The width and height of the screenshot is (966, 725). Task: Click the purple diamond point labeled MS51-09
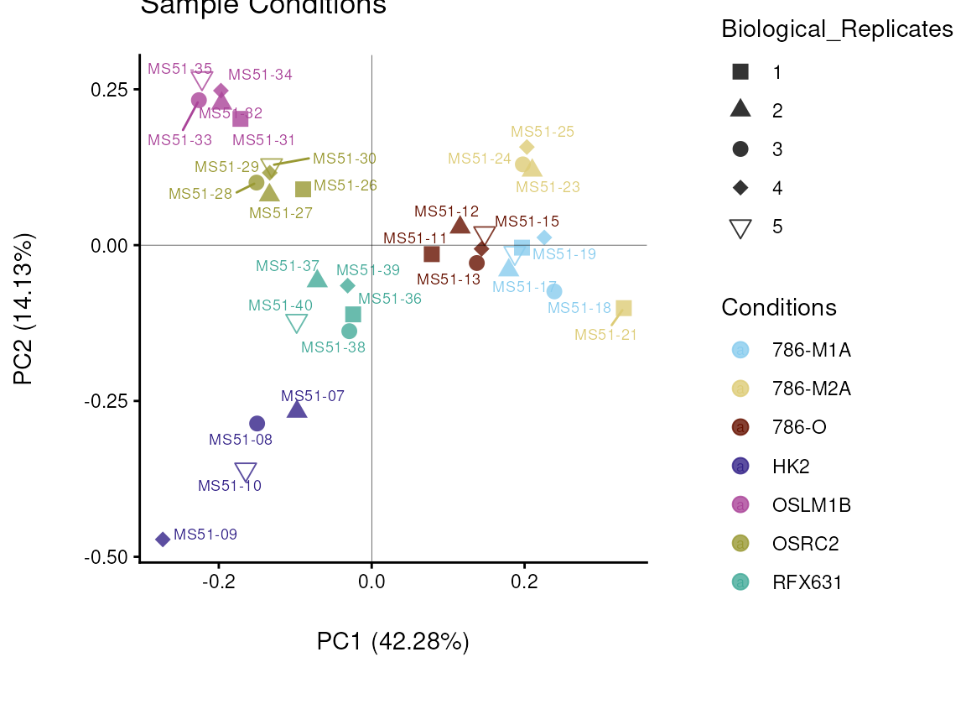[163, 540]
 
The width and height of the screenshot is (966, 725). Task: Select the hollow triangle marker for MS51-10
[246, 472]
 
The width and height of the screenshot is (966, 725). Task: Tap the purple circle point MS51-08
[257, 424]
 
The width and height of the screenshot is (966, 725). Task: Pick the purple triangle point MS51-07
[297, 409]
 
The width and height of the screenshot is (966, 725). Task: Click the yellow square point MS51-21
[623, 309]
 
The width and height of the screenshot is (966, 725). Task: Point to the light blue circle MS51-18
[554, 291]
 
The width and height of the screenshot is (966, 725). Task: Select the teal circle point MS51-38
[350, 331]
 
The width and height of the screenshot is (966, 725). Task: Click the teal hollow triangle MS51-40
[297, 323]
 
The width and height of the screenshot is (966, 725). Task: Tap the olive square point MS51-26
[304, 190]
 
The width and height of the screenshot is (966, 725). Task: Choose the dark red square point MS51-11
[432, 254]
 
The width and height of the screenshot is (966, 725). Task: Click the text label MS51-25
[543, 132]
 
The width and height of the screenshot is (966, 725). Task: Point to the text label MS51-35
[180, 69]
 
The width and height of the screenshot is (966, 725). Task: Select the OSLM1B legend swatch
[740, 504]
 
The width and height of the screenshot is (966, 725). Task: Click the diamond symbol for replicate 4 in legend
[740, 188]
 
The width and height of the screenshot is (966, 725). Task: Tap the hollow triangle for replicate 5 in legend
[740, 227]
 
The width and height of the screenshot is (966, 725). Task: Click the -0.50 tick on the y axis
[106, 557]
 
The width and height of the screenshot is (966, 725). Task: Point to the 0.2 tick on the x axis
[524, 582]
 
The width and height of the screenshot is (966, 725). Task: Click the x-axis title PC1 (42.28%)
[392, 642]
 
